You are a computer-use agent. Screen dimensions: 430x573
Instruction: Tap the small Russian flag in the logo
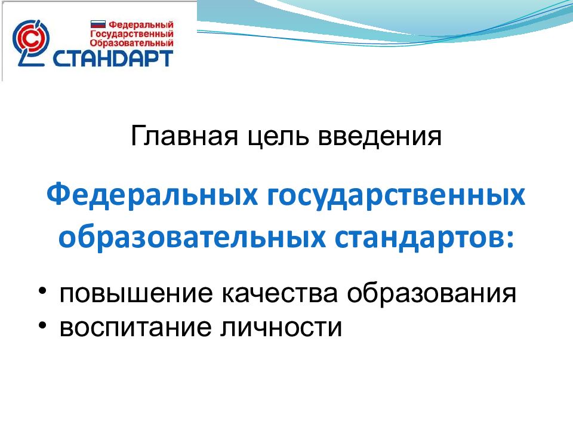tap(97, 25)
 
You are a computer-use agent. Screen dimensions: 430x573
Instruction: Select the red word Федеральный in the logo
tap(140, 25)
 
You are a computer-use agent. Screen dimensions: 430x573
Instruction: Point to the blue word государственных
tap(394, 198)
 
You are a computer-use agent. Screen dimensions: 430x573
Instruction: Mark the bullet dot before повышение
tap(44, 291)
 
